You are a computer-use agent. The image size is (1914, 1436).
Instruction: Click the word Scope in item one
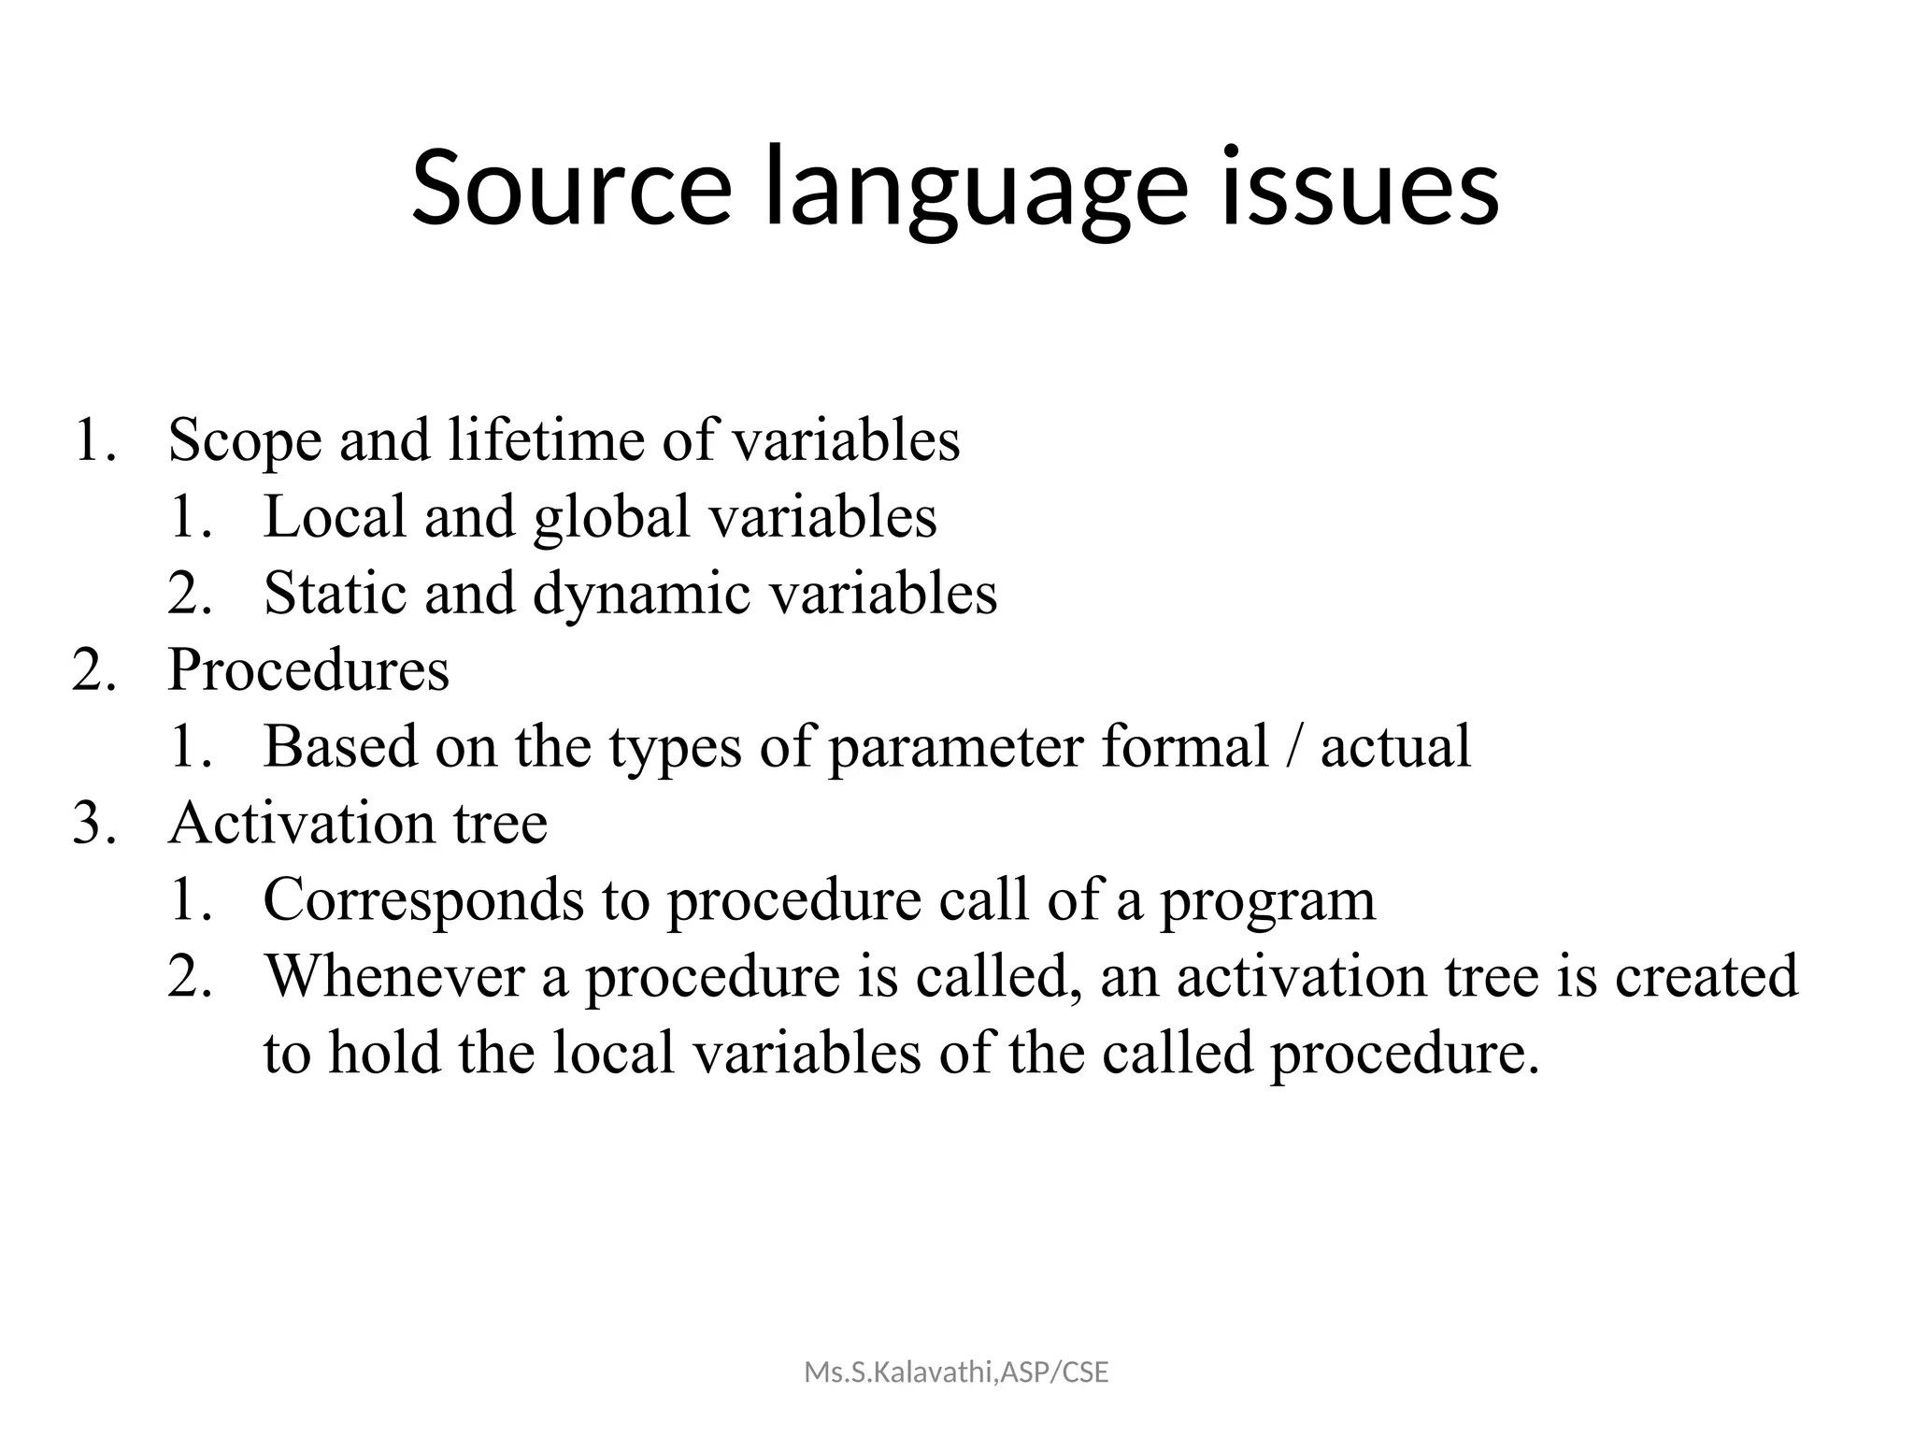(245, 440)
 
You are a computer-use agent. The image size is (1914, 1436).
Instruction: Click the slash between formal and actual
(1294, 747)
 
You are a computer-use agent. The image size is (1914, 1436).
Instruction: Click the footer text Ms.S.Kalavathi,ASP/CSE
(956, 1372)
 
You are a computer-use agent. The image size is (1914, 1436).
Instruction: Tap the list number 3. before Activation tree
(94, 824)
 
